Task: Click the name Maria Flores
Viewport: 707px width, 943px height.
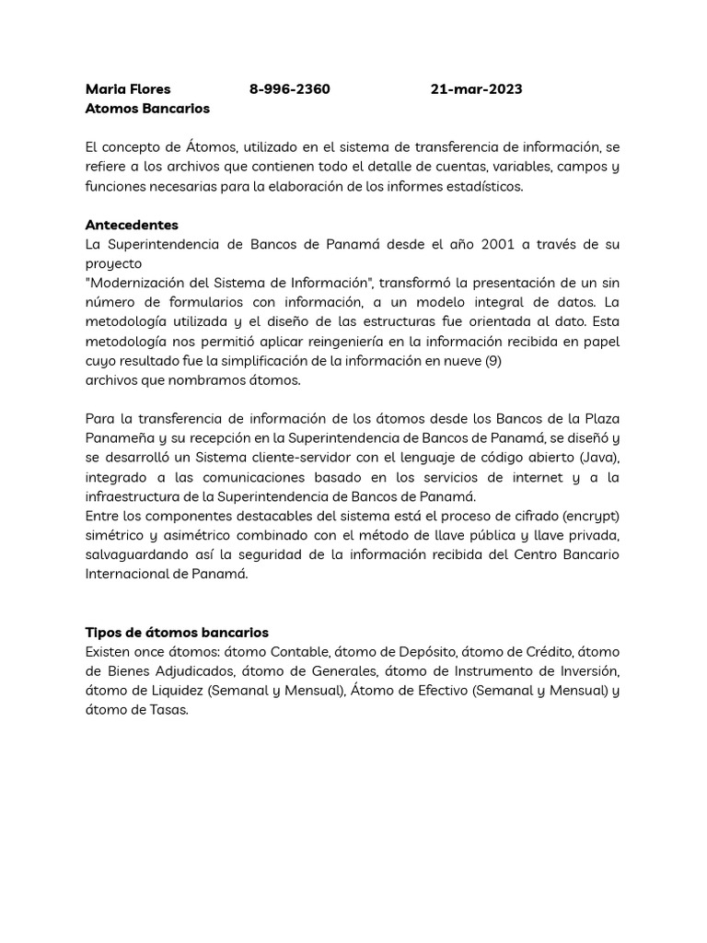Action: [x=128, y=89]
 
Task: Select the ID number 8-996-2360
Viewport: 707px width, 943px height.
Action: [x=289, y=89]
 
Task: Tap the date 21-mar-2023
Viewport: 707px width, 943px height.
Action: [x=476, y=89]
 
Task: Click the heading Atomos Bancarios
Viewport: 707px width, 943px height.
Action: [x=147, y=109]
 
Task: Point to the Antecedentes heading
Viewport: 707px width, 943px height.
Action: [x=132, y=225]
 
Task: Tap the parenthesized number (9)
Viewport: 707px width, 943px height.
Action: [x=493, y=360]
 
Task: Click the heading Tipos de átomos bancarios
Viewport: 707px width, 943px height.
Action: [x=177, y=633]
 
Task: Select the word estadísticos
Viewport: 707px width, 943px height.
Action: [x=480, y=186]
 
